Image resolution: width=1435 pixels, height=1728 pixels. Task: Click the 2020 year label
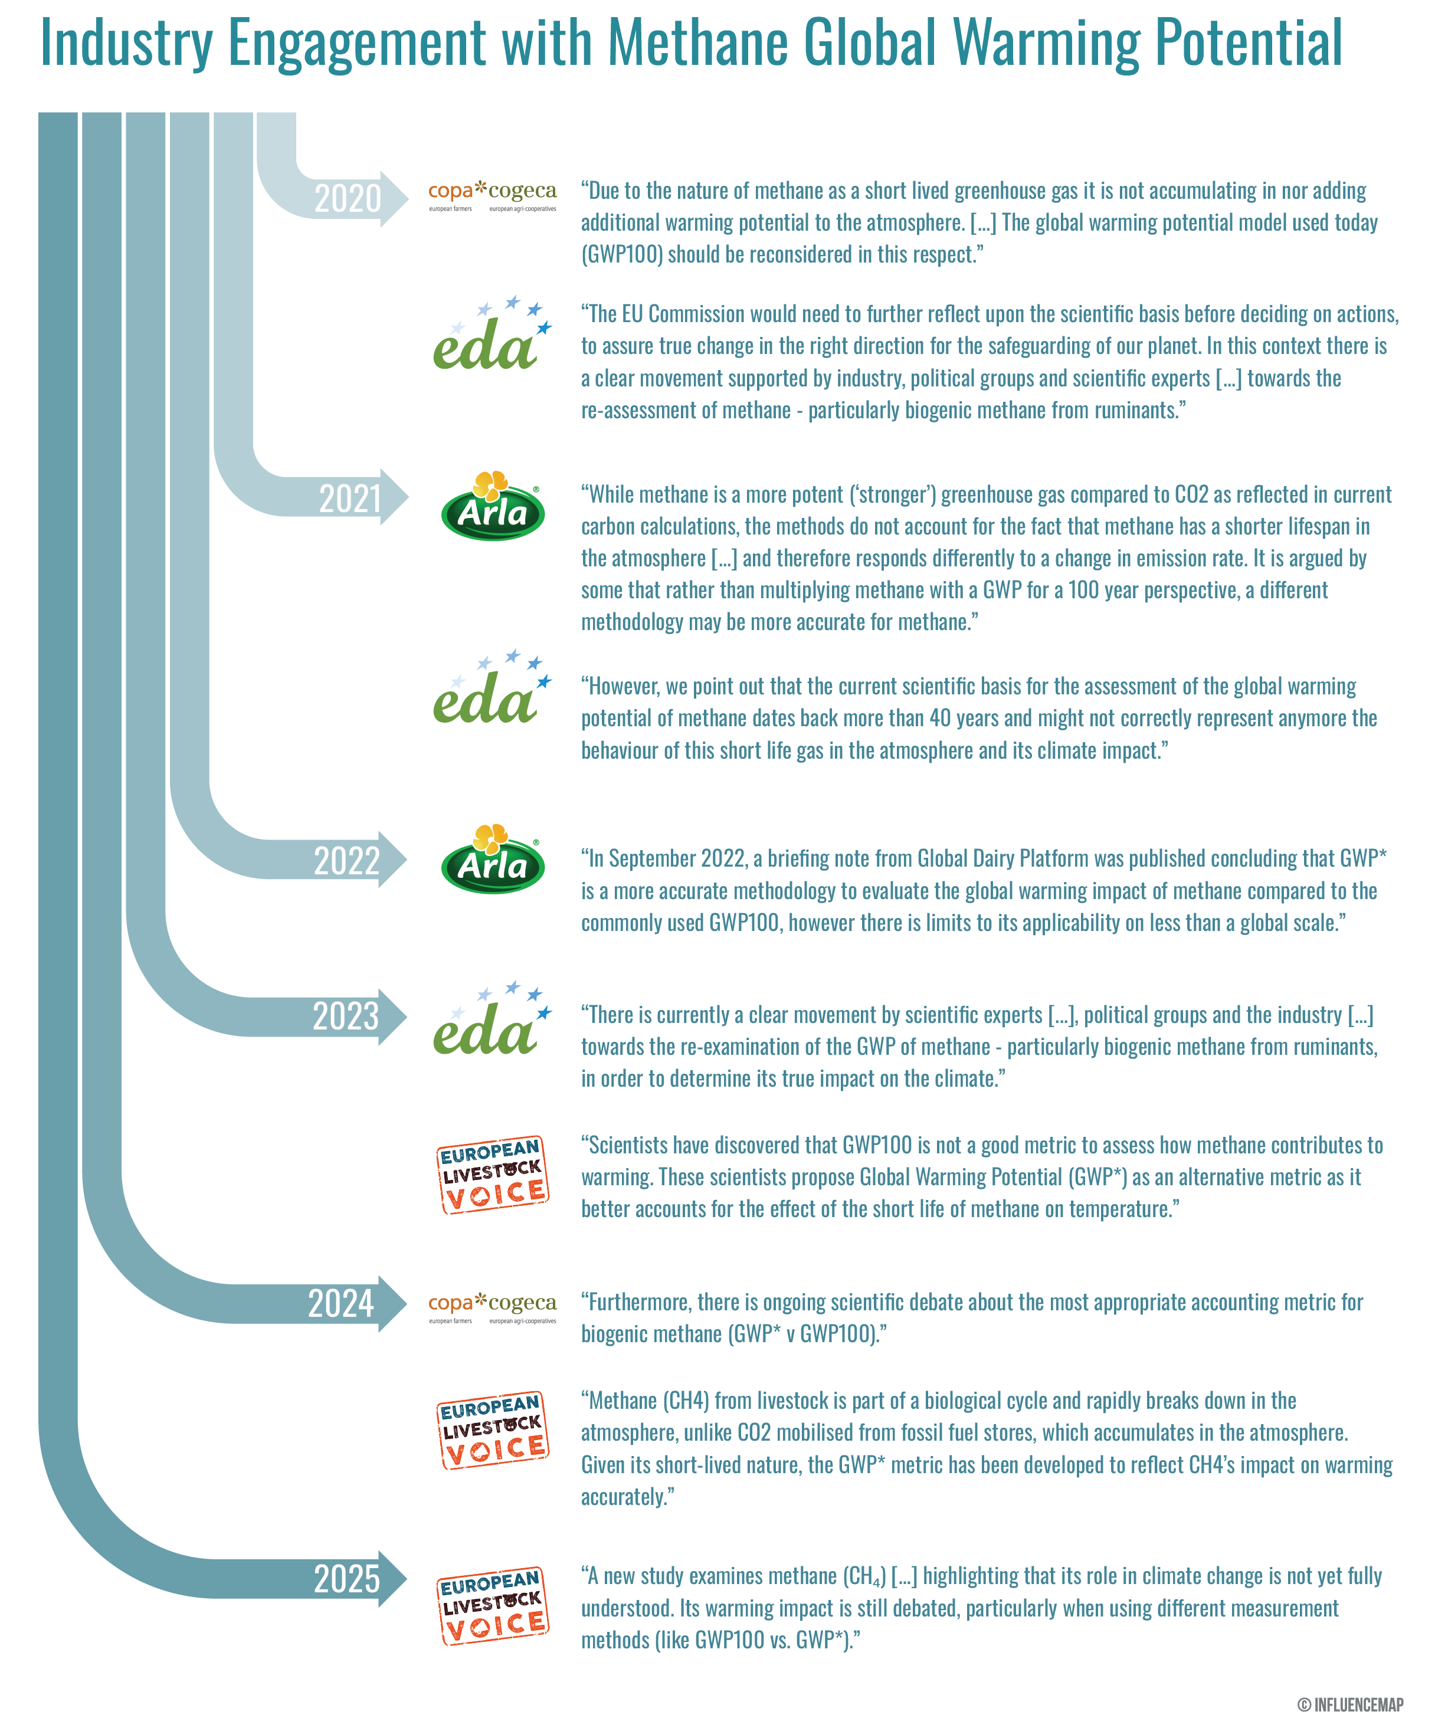347,199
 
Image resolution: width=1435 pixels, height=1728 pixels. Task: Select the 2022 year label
346,861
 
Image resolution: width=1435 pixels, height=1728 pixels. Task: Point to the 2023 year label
346,1017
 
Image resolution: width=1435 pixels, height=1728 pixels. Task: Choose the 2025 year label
346,1579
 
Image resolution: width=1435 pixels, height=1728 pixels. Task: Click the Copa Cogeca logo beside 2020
492,196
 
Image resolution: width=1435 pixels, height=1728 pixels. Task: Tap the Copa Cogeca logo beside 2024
492,1307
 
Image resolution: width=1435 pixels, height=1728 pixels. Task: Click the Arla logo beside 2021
492,506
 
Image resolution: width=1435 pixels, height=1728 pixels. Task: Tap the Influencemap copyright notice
1349,1705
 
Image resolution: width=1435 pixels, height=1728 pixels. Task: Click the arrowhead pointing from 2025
394,1579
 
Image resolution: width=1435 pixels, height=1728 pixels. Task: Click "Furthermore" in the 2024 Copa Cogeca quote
638,1303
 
